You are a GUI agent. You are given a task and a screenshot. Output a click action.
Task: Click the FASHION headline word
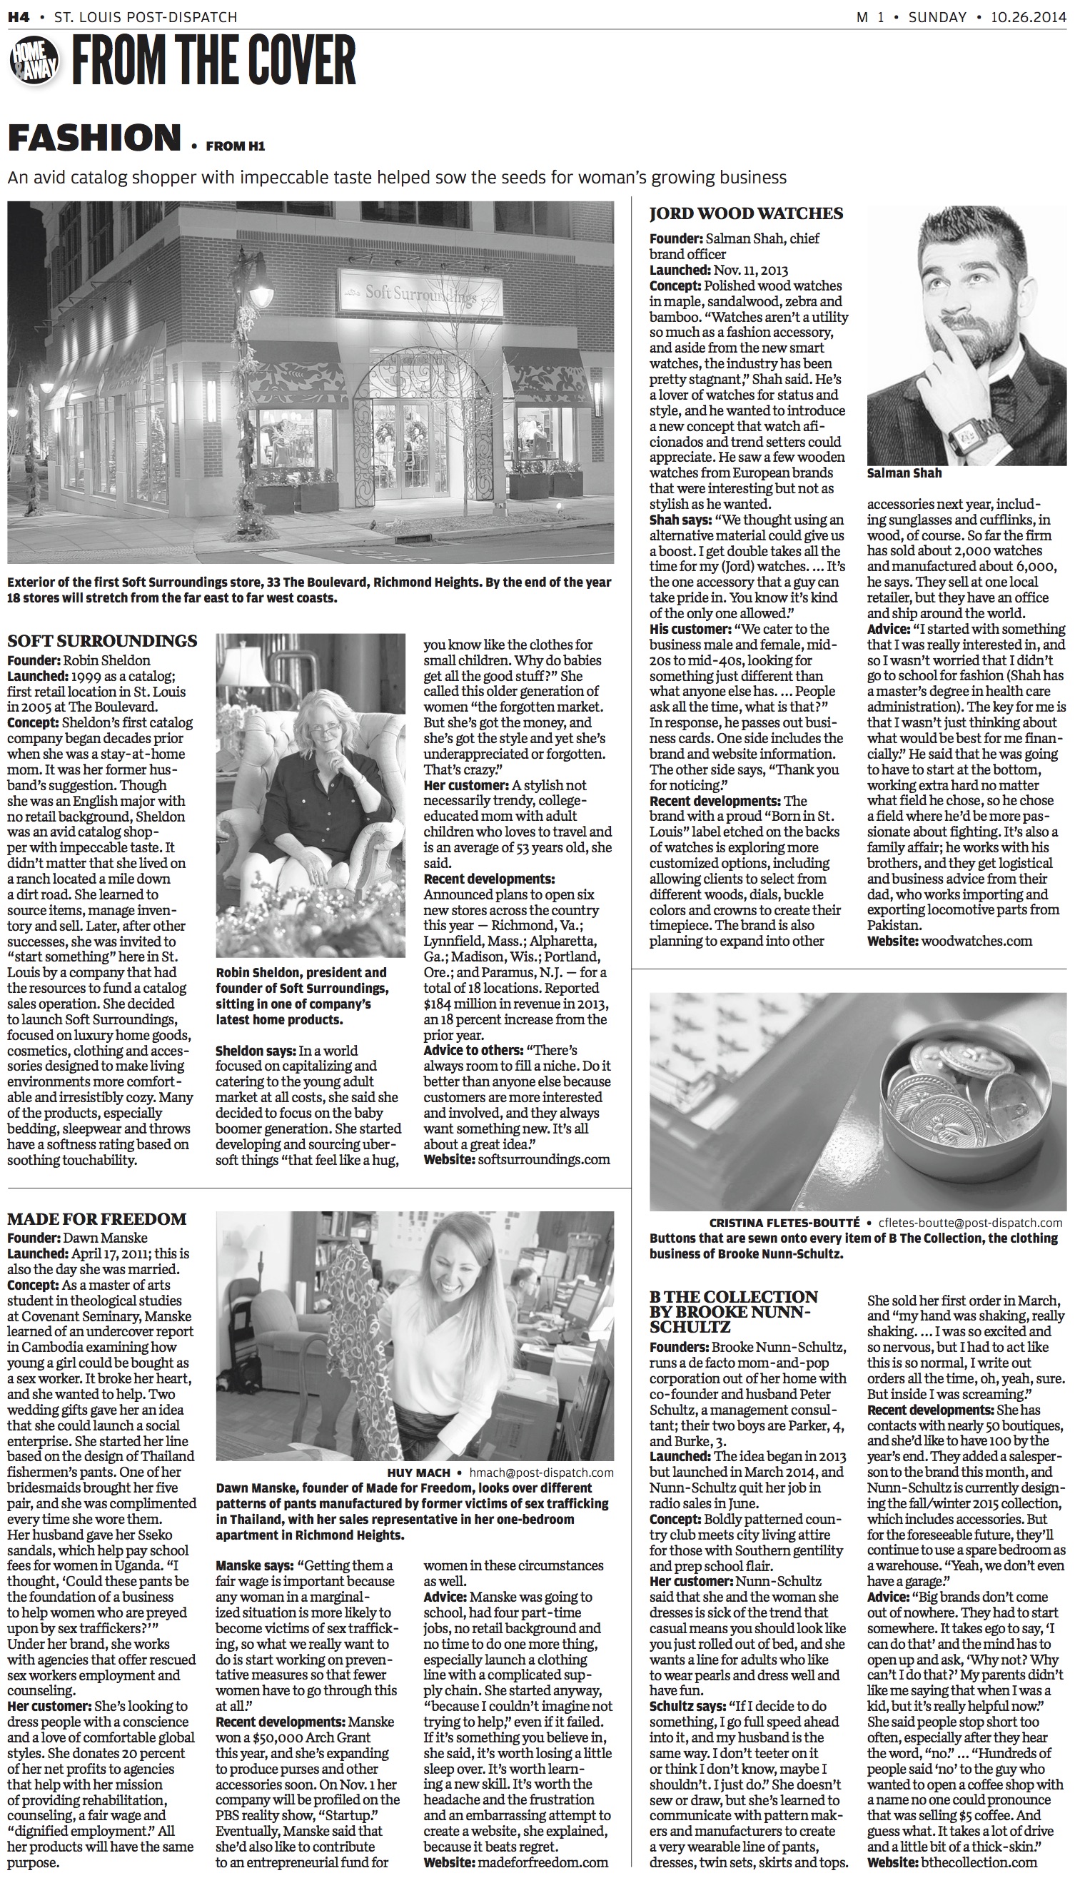(95, 138)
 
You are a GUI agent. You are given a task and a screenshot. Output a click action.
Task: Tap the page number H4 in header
(19, 16)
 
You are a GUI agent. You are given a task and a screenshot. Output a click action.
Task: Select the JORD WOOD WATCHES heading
(746, 213)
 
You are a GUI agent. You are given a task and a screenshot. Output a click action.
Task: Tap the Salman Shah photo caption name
(904, 473)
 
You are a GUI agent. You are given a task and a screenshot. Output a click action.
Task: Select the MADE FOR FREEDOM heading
(97, 1219)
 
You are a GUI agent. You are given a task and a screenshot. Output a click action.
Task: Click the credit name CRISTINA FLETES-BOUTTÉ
(784, 1223)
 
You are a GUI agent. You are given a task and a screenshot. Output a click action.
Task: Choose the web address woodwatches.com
(976, 941)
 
